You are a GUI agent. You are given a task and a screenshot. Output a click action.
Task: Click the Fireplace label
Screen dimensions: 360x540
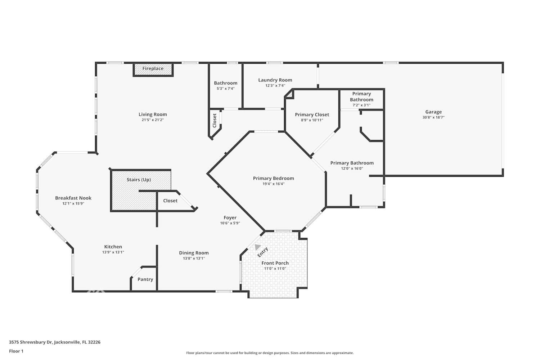pos(153,68)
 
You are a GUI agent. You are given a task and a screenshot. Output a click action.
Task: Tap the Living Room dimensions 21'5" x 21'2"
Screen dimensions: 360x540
pos(153,120)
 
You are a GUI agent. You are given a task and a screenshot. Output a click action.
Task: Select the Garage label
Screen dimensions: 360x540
pos(433,112)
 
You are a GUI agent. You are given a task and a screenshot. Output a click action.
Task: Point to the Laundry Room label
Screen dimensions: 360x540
pos(275,80)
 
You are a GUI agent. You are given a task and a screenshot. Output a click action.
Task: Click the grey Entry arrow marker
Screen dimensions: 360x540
pos(257,247)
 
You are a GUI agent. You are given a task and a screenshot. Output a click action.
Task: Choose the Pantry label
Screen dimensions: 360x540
pos(145,279)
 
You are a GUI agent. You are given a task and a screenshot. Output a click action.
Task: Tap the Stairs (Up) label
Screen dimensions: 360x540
pos(139,180)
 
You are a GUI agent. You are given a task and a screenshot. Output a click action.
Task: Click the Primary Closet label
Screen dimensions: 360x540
pos(312,114)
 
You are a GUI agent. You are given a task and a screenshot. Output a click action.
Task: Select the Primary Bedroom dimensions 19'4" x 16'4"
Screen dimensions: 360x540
pos(273,184)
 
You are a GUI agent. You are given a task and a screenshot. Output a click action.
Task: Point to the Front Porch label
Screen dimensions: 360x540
pos(275,263)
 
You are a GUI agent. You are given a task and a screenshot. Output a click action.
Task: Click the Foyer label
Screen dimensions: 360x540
pos(230,217)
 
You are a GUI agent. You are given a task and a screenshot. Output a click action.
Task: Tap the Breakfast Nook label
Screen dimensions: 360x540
pos(73,198)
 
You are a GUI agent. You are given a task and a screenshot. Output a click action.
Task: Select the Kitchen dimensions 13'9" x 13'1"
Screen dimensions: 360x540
pos(113,252)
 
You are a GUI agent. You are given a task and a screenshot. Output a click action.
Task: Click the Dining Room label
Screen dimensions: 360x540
pos(194,253)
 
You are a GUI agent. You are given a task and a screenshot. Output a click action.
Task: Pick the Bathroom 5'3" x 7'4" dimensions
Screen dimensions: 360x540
pos(225,89)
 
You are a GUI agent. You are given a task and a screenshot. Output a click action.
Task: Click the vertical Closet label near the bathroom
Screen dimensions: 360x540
pos(215,121)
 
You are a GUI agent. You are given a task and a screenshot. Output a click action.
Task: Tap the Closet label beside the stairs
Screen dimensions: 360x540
pos(170,201)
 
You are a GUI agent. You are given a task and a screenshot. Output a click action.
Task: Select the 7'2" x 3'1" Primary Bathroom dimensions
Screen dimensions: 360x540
pos(361,105)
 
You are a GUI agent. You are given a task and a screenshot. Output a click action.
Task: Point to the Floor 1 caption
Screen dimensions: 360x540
pos(16,351)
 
